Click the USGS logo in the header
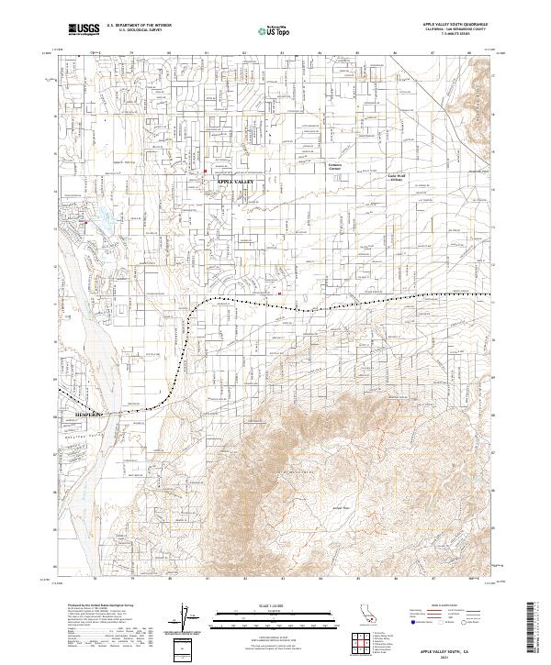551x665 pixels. [83, 30]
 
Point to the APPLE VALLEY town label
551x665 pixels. [234, 183]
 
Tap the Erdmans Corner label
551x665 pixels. [340, 167]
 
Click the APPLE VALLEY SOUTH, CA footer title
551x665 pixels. [450, 648]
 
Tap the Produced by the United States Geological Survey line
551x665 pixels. [101, 606]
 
